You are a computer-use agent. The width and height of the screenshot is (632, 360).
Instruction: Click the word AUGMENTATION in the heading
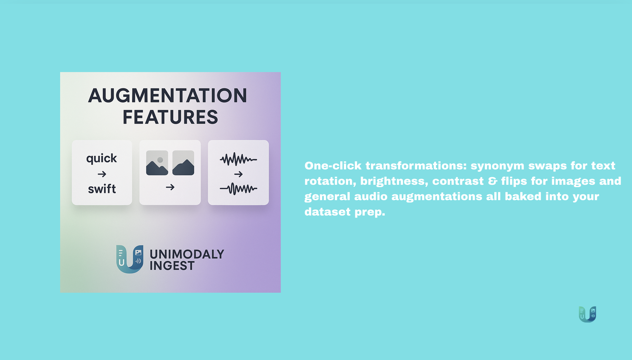point(168,95)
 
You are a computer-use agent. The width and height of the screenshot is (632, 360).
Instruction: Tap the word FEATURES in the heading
point(170,117)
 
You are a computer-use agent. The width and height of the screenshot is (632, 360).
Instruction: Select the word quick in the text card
point(101,158)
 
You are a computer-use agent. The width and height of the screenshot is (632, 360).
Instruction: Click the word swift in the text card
point(102,189)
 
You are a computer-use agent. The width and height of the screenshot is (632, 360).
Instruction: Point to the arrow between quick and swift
point(102,174)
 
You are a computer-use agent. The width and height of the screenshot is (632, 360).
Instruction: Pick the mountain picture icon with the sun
point(157,163)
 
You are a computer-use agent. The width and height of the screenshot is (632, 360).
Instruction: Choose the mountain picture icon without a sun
point(183,163)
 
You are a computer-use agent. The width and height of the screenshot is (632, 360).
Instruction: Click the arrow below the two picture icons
point(170,187)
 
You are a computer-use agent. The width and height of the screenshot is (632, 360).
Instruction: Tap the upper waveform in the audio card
point(238,159)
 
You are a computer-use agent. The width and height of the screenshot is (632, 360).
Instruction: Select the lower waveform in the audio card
point(238,189)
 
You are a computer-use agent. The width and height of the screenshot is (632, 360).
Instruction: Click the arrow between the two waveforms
point(238,174)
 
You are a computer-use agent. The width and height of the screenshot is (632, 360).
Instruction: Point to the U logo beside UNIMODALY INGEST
point(130,259)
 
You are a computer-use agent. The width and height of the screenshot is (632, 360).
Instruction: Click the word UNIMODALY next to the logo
point(187,254)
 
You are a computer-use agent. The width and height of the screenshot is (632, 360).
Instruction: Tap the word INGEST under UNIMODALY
point(172,266)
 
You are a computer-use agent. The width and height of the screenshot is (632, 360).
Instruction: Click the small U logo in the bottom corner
point(588,314)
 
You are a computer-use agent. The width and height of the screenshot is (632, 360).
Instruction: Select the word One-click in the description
point(333,166)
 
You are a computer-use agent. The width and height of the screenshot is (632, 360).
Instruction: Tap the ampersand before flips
point(493,181)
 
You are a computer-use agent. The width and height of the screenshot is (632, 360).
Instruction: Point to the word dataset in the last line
point(328,212)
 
